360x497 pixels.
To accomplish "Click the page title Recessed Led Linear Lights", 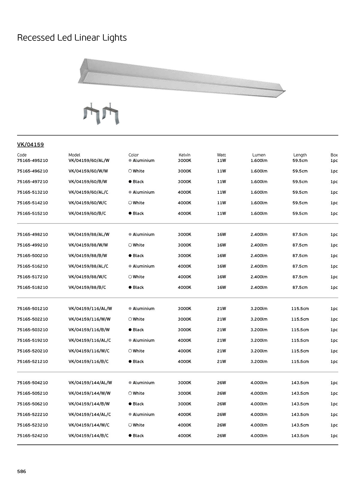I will click(x=72, y=38).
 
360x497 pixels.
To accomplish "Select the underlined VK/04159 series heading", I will click(x=30, y=145).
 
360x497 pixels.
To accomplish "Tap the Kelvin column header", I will click(x=184, y=155).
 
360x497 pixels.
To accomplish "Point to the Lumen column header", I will click(x=259, y=155).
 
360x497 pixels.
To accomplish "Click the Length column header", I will click(x=300, y=155).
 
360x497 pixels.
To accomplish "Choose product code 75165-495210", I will click(x=32, y=160).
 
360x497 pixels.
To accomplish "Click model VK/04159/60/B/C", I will click(x=87, y=214).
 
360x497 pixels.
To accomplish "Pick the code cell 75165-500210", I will click(x=32, y=256).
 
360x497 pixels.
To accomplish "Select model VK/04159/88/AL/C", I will click(x=88, y=266).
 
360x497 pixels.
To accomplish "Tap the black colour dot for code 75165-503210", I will click(x=130, y=330).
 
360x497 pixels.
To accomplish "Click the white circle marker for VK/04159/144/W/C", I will click(x=130, y=425).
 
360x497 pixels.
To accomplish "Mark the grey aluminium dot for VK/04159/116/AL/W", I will click(x=130, y=309).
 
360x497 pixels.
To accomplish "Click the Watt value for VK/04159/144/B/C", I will click(x=221, y=436).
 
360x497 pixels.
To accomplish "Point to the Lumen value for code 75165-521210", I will click(x=259, y=362).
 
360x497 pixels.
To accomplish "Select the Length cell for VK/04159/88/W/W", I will click(x=300, y=245).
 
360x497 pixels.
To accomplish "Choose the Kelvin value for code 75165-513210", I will click(x=184, y=192).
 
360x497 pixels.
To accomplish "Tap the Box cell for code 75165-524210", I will click(x=334, y=436).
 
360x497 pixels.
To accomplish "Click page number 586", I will click(x=22, y=472).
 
